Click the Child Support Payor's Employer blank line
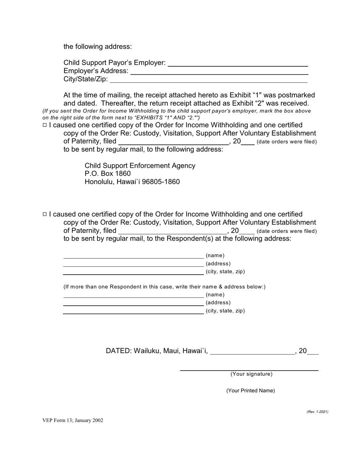click(238, 64)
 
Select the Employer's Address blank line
click(219, 72)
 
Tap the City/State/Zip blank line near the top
click(208, 80)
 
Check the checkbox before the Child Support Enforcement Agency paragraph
click(45, 125)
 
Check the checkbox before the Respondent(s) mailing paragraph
click(45, 214)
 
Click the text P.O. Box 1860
click(108, 174)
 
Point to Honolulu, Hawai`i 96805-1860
click(132, 182)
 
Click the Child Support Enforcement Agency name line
click(140, 166)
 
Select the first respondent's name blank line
click(133, 256)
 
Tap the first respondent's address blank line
click(133, 264)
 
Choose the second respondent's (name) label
click(215, 295)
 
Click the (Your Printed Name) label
click(250, 391)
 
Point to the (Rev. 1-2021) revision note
click(317, 412)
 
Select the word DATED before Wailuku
click(118, 351)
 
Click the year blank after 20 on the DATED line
click(313, 352)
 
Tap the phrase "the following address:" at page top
click(97, 47)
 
